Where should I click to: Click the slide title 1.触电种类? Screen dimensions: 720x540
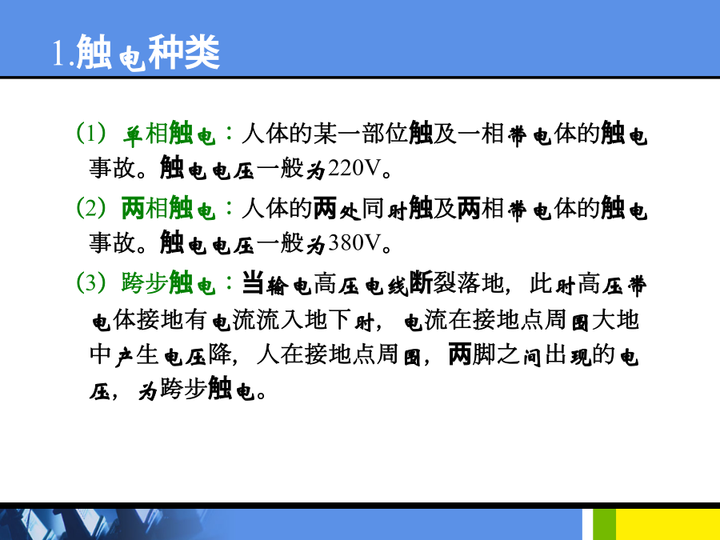(x=136, y=52)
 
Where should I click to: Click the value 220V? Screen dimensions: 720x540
(x=354, y=169)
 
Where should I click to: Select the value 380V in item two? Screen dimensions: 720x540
(x=354, y=243)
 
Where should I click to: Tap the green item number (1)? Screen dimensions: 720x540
(x=91, y=133)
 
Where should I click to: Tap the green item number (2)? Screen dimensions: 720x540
(x=91, y=207)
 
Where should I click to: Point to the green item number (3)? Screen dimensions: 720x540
(x=91, y=282)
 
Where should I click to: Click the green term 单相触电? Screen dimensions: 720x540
(x=169, y=134)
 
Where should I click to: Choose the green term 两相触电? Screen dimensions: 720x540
(x=169, y=208)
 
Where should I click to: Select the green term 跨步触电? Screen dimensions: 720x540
(x=169, y=282)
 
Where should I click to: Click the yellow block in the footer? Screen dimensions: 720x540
(x=668, y=524)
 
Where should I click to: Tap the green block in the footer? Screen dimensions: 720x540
(x=604, y=524)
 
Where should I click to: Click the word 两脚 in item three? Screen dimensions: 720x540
(x=471, y=354)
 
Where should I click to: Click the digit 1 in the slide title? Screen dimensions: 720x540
(x=58, y=54)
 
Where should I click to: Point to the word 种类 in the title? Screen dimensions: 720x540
(x=184, y=52)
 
